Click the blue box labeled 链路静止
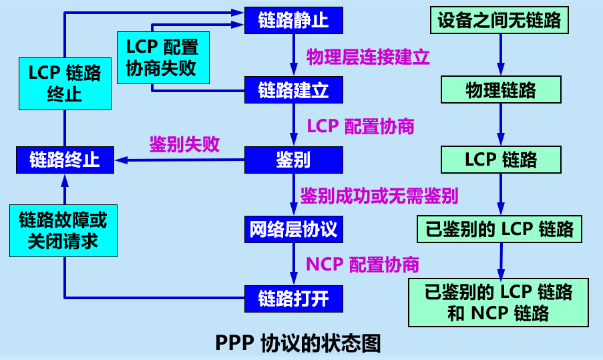point(293,20)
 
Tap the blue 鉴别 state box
point(293,160)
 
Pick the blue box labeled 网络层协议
point(293,230)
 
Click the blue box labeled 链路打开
point(293,298)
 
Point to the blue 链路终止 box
point(64,160)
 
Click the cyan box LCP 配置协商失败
point(162,58)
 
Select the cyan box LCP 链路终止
point(64,83)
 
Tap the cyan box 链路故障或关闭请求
point(64,230)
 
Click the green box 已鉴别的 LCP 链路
point(499,229)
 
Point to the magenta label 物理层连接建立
point(368,56)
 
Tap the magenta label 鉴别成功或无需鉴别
point(379,196)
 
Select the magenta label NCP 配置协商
point(363,264)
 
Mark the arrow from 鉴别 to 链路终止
point(180,160)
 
